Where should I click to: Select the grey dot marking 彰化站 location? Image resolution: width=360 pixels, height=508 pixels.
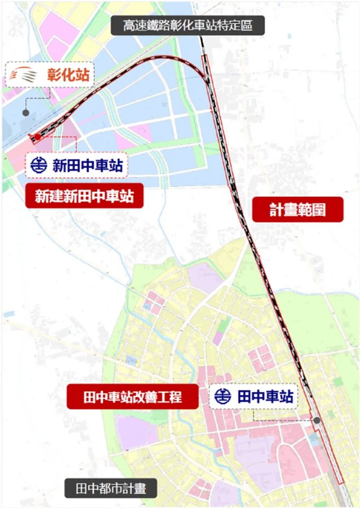pyautogui.click(x=25, y=113)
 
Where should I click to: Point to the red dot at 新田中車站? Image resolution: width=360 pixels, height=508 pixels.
pyautogui.click(x=38, y=137)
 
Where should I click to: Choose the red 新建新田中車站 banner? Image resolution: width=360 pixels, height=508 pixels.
pyautogui.click(x=84, y=197)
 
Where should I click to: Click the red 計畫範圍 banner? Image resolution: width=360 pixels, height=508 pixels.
pyautogui.click(x=298, y=210)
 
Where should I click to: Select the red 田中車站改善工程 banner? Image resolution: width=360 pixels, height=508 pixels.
pyautogui.click(x=133, y=396)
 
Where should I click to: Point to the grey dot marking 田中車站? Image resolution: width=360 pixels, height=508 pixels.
pyautogui.click(x=317, y=420)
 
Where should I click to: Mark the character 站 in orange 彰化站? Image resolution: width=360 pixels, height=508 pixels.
pyautogui.click(x=83, y=74)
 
